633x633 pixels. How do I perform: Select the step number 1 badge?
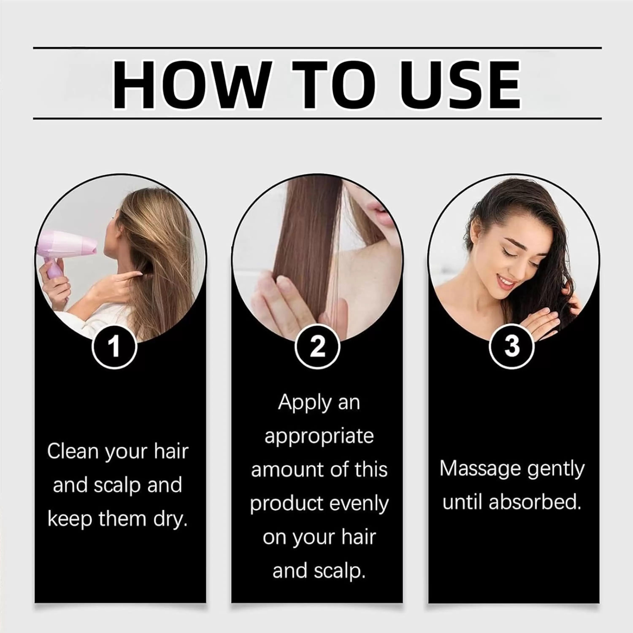[x=114, y=347]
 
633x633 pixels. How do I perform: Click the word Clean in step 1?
[x=73, y=452]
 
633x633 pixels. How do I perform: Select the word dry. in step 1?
[x=170, y=519]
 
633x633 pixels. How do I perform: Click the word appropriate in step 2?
[x=319, y=437]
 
